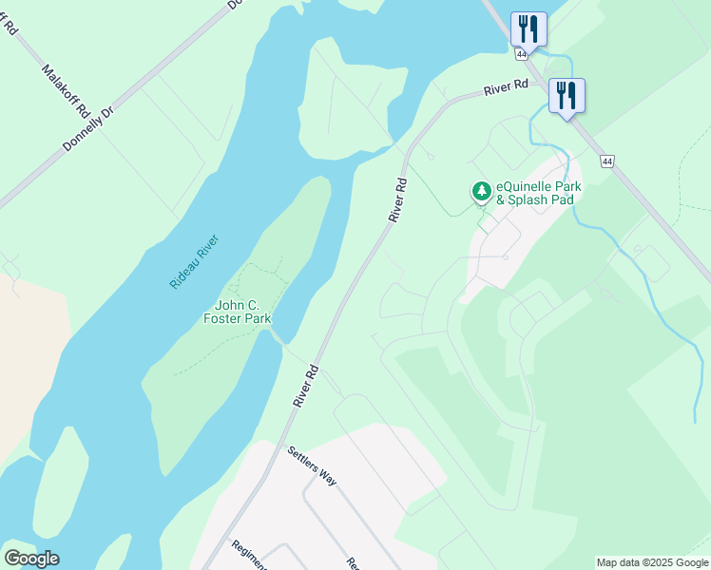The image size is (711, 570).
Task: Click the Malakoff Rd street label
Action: click(x=65, y=91)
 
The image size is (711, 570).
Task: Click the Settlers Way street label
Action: click(x=312, y=465)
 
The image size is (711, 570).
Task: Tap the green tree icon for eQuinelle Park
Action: click(x=482, y=192)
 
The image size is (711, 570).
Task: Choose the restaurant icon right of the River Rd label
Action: click(x=567, y=95)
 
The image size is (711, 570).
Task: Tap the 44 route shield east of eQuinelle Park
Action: click(x=606, y=162)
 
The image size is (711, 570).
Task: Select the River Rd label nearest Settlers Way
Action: click(x=304, y=386)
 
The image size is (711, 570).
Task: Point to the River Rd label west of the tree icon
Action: click(x=398, y=200)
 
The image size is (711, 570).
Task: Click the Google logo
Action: click(x=31, y=559)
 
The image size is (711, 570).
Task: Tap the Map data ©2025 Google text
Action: click(x=653, y=562)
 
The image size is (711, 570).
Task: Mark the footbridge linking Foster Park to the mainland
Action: click(x=278, y=338)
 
